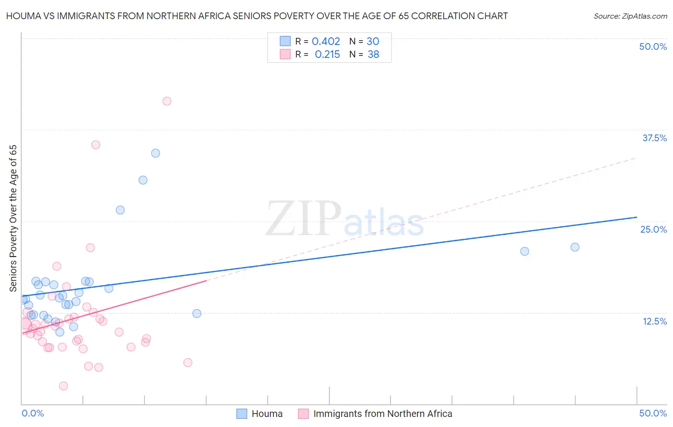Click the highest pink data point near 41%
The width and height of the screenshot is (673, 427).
(167, 101)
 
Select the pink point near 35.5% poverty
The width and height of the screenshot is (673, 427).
(96, 145)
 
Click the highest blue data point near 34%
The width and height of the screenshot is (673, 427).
(156, 153)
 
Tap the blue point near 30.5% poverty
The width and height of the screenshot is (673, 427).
(143, 180)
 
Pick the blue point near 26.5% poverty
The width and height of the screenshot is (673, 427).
(120, 210)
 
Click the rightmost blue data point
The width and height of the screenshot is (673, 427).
(575, 247)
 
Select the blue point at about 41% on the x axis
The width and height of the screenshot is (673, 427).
(525, 251)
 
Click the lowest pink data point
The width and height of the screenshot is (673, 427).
(63, 386)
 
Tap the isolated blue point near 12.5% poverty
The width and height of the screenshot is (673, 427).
(197, 314)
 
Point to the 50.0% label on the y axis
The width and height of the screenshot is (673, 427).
(653, 46)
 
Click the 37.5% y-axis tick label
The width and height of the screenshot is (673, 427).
(654, 138)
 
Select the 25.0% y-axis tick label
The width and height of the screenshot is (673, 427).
(653, 229)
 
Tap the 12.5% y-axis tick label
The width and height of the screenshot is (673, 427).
(654, 321)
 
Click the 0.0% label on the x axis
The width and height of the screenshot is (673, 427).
(33, 413)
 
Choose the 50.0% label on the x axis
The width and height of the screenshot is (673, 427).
(653, 413)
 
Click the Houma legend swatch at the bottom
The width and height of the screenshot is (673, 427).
(242, 414)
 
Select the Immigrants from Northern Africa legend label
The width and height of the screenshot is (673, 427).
(382, 414)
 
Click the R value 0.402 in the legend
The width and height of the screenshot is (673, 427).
(325, 42)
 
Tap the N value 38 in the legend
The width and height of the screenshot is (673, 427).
(373, 55)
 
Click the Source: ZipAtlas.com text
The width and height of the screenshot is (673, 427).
(630, 16)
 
